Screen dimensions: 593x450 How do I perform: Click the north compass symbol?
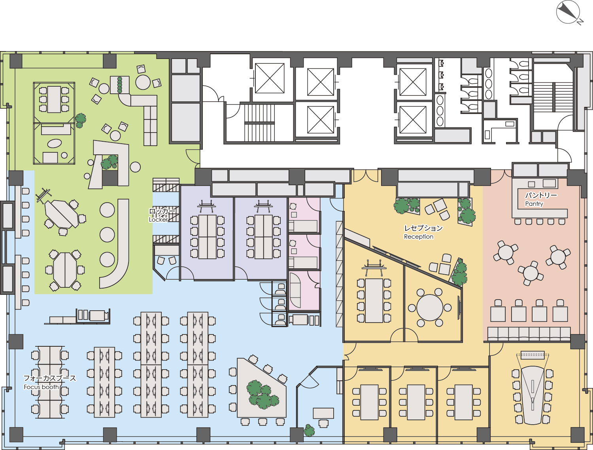(x=568, y=12)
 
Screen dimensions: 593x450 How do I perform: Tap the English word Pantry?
(x=534, y=204)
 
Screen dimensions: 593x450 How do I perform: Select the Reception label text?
(x=419, y=237)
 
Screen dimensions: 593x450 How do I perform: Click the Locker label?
(x=158, y=220)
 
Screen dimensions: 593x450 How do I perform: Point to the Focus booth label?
(x=42, y=387)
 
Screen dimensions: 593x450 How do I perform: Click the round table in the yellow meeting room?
(x=430, y=308)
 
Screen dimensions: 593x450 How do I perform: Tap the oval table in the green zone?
(x=54, y=143)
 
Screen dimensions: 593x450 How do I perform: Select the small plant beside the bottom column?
(x=309, y=431)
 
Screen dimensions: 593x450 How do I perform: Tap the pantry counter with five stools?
(x=540, y=203)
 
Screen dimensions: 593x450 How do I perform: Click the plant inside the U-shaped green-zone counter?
(x=110, y=162)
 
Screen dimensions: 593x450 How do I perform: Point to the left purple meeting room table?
(x=207, y=237)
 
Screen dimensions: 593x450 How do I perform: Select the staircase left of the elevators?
(x=259, y=123)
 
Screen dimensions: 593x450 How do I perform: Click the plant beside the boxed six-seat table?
(x=80, y=120)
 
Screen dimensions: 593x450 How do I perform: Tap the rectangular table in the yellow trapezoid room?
(x=374, y=300)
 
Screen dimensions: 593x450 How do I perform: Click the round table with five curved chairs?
(x=143, y=82)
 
